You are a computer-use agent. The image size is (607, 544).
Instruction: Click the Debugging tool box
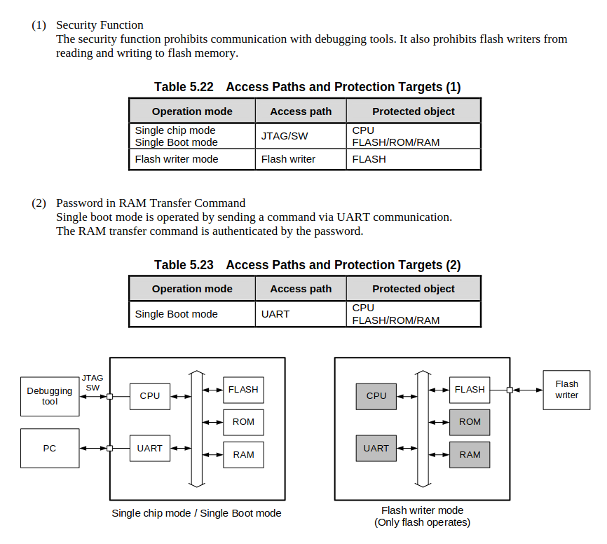50,397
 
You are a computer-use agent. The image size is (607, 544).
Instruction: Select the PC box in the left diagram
50,449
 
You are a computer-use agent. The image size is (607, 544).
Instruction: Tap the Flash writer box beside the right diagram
566,390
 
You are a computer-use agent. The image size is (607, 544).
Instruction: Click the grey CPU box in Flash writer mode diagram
376,397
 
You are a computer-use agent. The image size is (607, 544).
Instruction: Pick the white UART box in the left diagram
150,449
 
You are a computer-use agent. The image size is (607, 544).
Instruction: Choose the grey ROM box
470,423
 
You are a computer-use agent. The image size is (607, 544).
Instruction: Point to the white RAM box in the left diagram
243,455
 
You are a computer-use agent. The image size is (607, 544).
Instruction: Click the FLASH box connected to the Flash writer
470,390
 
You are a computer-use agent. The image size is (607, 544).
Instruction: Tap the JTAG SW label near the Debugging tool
93,383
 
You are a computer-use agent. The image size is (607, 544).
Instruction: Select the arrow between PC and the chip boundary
93,449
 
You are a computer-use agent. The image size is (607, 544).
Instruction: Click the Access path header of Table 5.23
301,289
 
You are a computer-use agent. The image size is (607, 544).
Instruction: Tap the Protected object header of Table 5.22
414,111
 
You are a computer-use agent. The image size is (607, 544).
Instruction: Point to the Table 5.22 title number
184,87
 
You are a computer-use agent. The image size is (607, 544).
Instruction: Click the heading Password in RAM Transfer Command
151,203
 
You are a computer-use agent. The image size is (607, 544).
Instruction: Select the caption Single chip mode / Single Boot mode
196,513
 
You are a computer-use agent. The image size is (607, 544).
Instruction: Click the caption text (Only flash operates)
423,522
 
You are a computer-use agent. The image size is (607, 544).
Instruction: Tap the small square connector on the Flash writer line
510,390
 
